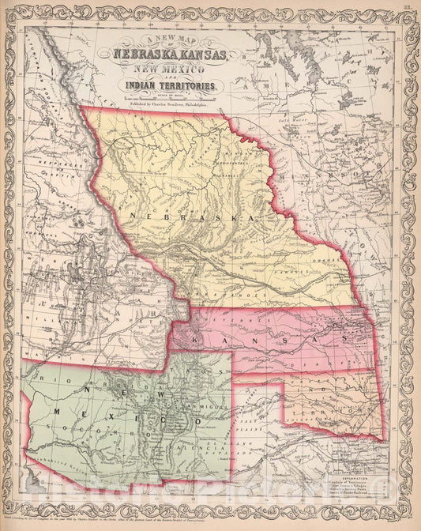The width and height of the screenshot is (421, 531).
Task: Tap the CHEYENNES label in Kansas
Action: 237,316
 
